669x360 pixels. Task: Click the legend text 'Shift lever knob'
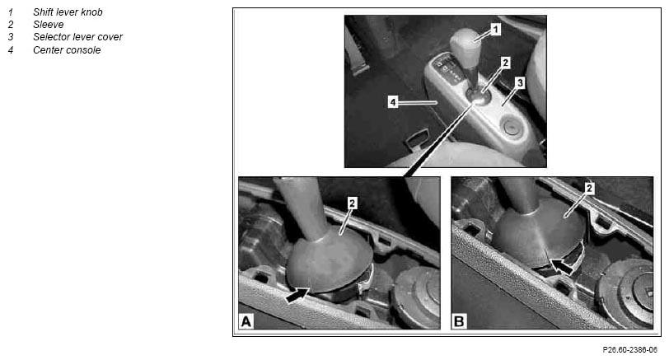point(68,12)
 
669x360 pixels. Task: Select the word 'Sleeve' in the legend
point(49,25)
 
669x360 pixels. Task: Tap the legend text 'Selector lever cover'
point(77,37)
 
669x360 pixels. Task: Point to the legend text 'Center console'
point(67,50)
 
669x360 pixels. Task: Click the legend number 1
point(11,12)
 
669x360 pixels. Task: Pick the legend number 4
point(11,50)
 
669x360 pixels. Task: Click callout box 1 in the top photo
point(495,30)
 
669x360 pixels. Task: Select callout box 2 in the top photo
point(506,63)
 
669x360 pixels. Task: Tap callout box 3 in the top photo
point(520,82)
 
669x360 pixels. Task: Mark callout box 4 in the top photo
point(393,102)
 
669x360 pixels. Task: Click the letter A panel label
point(246,321)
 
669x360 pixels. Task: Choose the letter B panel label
point(459,321)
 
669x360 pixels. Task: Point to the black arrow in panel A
point(297,295)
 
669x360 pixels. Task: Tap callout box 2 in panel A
point(352,203)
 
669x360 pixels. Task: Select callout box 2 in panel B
point(589,188)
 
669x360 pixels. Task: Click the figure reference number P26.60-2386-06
point(629,350)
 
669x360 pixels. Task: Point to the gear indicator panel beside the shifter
point(448,68)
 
